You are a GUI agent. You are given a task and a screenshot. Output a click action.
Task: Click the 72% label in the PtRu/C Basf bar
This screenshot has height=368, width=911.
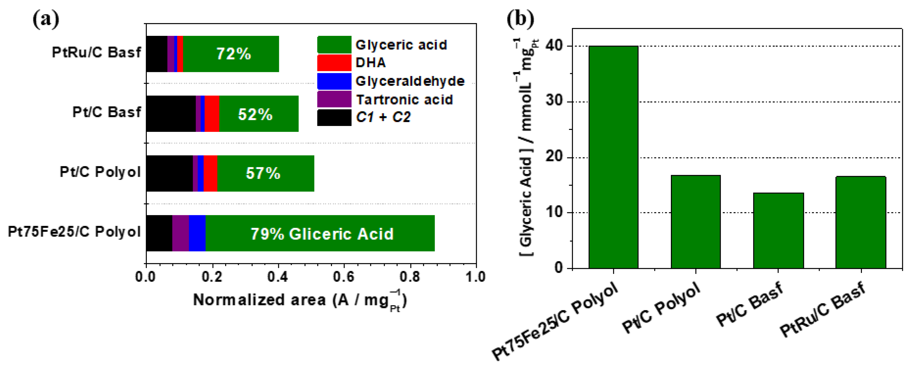[x=234, y=54]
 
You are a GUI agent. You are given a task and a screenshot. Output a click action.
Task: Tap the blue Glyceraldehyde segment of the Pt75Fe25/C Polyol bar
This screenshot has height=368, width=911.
[x=197, y=233]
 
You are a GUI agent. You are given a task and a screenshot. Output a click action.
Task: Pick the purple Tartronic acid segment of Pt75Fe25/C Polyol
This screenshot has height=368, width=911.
[x=180, y=233]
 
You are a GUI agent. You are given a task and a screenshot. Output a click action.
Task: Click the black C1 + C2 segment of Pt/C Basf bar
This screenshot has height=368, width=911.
[x=170, y=113]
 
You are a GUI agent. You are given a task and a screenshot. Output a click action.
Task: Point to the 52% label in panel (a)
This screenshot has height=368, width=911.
[x=255, y=114]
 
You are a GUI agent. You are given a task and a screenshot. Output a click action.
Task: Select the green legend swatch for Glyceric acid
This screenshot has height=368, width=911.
[x=334, y=44]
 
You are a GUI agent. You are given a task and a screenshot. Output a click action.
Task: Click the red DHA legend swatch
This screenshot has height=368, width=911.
[x=334, y=63]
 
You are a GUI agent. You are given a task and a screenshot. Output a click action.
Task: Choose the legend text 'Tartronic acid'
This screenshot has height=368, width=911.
[x=404, y=100]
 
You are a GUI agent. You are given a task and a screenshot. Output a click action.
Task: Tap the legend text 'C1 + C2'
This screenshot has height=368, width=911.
[x=383, y=117]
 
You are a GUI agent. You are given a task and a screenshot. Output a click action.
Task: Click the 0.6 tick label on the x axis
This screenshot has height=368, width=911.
[x=344, y=277]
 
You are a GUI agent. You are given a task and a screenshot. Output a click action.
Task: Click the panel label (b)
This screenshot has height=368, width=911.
[x=520, y=18]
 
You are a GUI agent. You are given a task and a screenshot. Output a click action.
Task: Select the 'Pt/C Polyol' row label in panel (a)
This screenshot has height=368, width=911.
[x=100, y=172]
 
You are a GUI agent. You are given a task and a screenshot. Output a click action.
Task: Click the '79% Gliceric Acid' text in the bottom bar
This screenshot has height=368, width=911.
[x=322, y=234]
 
